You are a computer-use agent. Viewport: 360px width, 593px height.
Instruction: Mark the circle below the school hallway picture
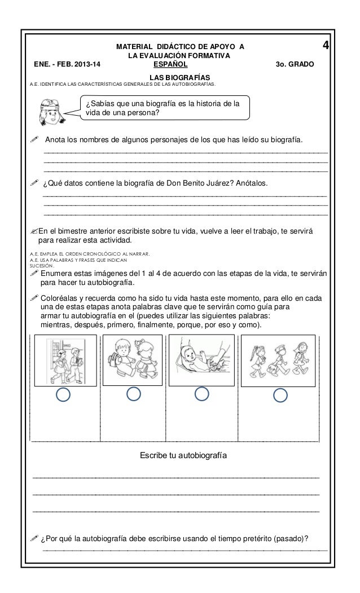coord(65,395)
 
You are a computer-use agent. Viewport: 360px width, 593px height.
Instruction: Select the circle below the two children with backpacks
coord(133,394)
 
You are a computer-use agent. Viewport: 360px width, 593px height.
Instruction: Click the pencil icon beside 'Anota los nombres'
coord(34,139)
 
